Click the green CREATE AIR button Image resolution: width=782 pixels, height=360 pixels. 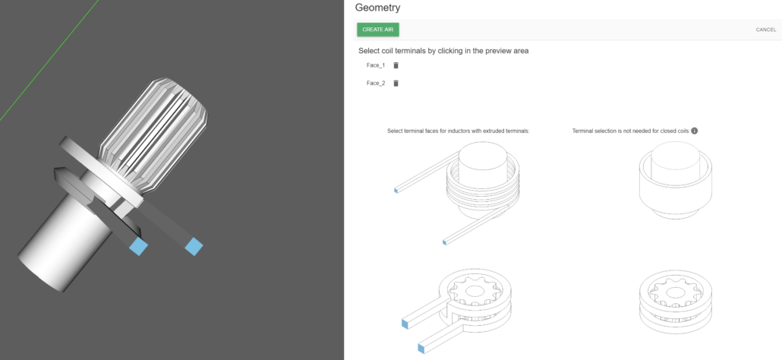(378, 30)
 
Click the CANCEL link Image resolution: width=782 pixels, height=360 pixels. (765, 30)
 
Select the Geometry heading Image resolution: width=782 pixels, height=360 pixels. (377, 8)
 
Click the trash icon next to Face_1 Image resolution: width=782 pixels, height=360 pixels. (396, 65)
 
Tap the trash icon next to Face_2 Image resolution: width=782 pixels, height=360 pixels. (396, 84)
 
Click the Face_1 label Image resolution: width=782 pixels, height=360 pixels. (376, 65)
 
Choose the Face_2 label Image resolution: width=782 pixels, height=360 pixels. (376, 84)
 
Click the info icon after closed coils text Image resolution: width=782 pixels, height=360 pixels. (694, 131)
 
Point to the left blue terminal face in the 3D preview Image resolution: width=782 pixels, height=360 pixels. (138, 246)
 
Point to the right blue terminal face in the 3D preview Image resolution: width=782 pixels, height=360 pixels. (194, 246)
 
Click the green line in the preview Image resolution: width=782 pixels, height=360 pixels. (49, 60)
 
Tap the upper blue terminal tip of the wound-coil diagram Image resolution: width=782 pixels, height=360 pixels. (396, 191)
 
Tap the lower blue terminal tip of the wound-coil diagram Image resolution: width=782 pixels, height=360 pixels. (444, 242)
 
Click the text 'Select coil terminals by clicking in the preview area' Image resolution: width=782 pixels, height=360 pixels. (443, 51)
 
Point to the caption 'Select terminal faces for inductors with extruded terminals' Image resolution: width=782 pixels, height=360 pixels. (459, 131)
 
